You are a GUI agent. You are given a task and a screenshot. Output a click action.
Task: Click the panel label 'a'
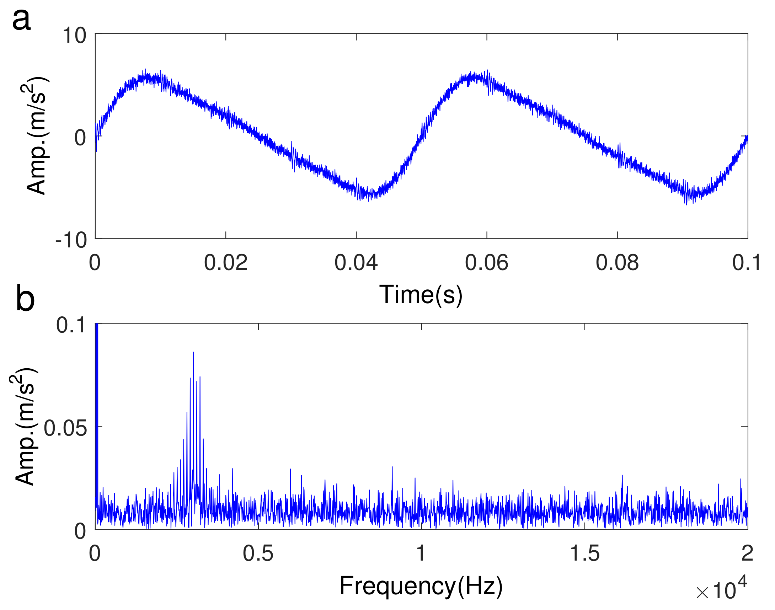(21, 20)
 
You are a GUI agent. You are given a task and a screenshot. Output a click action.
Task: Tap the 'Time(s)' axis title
(421, 295)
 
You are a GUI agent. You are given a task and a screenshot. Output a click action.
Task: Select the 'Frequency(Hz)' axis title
(421, 586)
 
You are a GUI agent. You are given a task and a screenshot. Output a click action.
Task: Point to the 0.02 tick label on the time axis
(225, 263)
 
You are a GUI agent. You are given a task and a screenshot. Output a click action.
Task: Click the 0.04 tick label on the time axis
(356, 263)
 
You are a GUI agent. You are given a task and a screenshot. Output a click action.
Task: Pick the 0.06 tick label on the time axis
(486, 263)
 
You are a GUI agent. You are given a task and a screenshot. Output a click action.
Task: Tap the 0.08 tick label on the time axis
(617, 263)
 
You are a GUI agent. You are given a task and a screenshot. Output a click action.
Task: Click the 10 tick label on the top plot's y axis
(74, 36)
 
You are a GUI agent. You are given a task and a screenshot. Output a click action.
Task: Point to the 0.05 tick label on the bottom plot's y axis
(65, 428)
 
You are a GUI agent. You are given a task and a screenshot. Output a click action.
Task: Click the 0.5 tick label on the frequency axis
(258, 554)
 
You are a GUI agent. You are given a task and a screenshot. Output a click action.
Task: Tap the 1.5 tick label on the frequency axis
(584, 554)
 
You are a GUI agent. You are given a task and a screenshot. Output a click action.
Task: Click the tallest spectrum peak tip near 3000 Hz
(193, 353)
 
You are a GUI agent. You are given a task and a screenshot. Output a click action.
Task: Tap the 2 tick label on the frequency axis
(747, 554)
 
